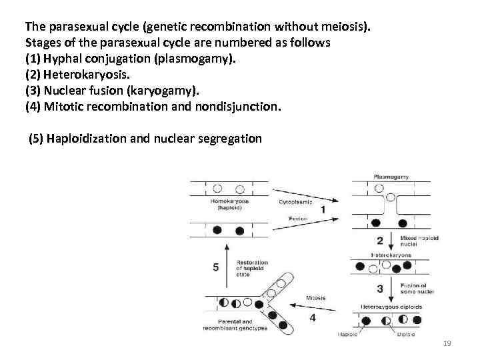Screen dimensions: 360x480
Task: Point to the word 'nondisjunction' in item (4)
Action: click(243, 105)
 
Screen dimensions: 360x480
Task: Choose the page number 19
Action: click(447, 343)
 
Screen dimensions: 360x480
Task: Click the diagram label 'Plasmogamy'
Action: click(391, 177)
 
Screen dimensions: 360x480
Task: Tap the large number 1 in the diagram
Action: click(323, 209)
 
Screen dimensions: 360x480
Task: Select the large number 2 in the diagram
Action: click(380, 240)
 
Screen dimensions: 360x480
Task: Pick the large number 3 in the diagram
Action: click(380, 288)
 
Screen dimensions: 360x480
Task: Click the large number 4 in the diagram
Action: click(313, 317)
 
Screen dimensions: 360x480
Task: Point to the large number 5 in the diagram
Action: click(215, 267)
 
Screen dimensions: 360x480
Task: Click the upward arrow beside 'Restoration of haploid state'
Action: click(227, 267)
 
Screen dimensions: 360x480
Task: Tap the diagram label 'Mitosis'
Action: click(316, 298)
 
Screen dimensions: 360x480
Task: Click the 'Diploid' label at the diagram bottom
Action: click(408, 334)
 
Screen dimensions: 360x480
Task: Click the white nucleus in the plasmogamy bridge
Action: click(379, 189)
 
